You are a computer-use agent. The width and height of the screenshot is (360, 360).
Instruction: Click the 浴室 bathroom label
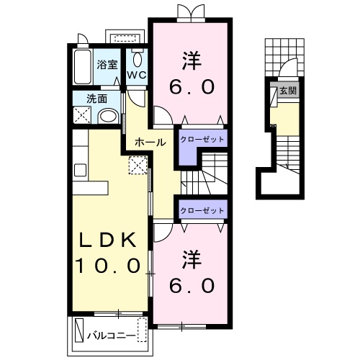tap(107, 65)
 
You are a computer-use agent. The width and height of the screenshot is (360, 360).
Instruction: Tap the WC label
tap(136, 76)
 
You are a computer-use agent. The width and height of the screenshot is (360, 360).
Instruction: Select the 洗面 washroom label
tap(96, 99)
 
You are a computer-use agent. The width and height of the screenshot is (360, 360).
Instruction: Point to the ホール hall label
tap(150, 143)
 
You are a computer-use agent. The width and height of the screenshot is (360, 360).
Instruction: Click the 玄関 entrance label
tap(288, 91)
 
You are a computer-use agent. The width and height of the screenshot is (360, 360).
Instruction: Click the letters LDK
tap(108, 240)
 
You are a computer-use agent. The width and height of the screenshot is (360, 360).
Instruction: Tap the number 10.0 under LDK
tap(108, 266)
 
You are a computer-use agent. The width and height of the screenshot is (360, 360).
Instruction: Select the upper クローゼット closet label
tap(202, 139)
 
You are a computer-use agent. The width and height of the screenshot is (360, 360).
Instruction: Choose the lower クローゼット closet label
tap(202, 210)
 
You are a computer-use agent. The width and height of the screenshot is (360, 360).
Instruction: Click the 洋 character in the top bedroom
tap(192, 62)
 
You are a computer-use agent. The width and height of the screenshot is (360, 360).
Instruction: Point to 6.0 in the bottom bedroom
tap(192, 286)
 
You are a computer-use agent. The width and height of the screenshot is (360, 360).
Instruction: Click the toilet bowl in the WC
tap(137, 59)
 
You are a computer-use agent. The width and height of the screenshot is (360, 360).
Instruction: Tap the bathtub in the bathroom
tap(82, 67)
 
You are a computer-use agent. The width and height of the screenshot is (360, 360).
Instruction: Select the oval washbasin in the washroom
tap(108, 117)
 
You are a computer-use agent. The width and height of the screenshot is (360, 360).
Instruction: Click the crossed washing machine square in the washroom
tap(82, 115)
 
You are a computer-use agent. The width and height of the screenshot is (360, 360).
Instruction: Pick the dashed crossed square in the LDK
tap(138, 165)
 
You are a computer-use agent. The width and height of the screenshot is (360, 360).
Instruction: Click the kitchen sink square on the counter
tap(80, 170)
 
